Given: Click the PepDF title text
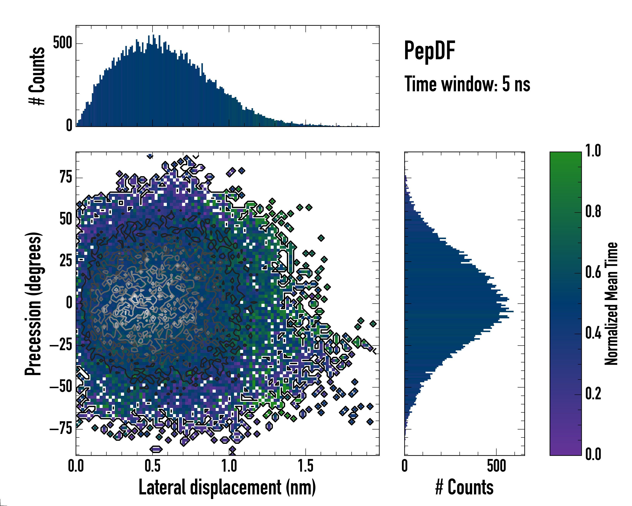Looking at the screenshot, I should point(429,51).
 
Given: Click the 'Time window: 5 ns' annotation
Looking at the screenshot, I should point(467,84).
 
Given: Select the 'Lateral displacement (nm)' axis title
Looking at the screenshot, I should point(227,487).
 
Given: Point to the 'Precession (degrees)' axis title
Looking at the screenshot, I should point(33,304).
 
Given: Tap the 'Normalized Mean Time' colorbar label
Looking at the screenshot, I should point(611,304).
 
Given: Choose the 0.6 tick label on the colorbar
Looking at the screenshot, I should point(593,273).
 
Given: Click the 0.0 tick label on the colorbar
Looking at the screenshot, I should point(593,454).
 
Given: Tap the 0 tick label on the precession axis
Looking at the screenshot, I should point(69,303).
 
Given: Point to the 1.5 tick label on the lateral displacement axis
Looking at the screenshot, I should point(305,466).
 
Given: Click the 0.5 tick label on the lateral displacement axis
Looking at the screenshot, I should point(153,466).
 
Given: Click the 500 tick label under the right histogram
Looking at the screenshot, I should point(497,466).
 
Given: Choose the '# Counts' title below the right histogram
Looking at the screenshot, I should point(464,487).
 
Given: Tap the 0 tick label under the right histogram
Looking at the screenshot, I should point(404,466).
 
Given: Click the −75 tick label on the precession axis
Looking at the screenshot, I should point(61,429).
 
